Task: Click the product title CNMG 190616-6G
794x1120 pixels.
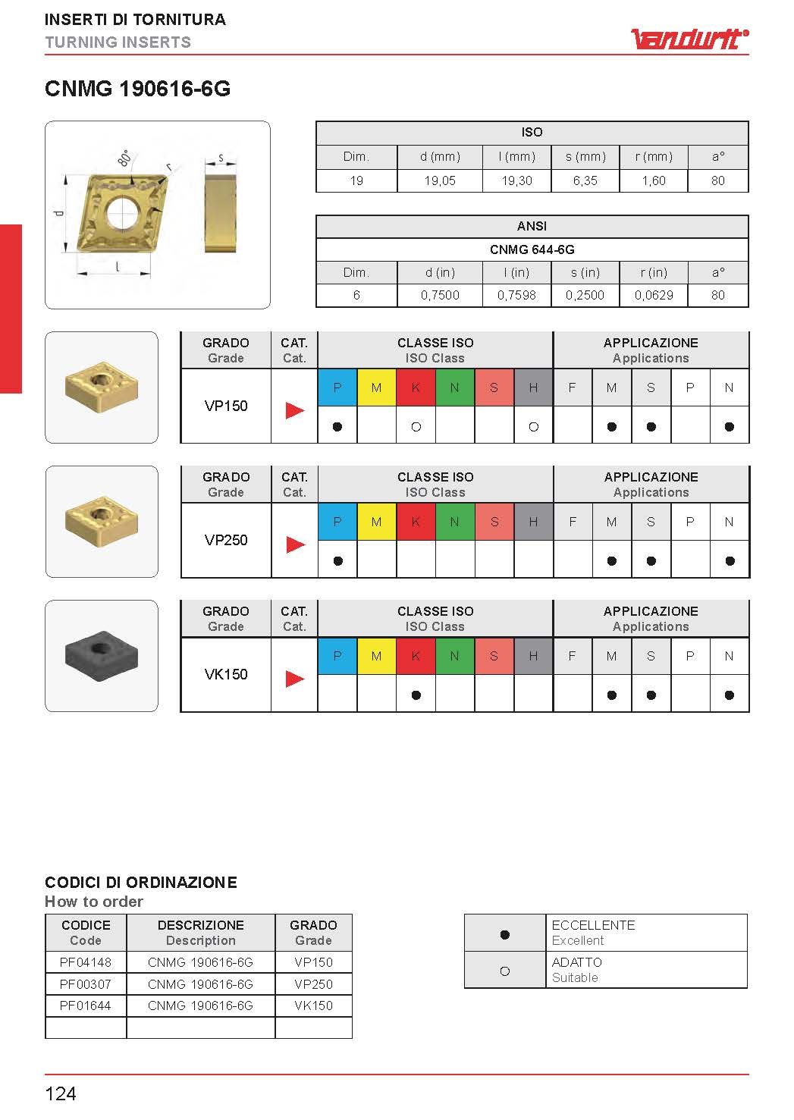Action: pyautogui.click(x=137, y=89)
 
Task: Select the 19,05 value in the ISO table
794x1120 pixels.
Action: pyautogui.click(x=440, y=180)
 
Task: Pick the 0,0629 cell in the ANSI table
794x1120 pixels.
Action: pyautogui.click(x=654, y=295)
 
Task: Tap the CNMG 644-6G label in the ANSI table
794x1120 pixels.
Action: pyautogui.click(x=532, y=249)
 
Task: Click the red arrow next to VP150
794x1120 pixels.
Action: pyautogui.click(x=295, y=410)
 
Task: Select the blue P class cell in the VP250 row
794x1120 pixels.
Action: pyautogui.click(x=337, y=522)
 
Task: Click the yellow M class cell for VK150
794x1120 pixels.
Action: pyautogui.click(x=376, y=656)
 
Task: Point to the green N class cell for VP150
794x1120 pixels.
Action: pyautogui.click(x=455, y=387)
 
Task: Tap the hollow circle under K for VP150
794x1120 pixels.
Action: pyautogui.click(x=416, y=427)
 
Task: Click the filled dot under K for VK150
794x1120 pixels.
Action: pyautogui.click(x=416, y=695)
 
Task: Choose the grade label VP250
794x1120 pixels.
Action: pyautogui.click(x=226, y=540)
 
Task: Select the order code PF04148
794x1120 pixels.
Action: pyautogui.click(x=86, y=962)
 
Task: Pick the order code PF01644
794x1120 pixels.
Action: pyautogui.click(x=86, y=1005)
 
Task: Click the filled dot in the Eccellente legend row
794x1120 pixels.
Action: pyautogui.click(x=505, y=934)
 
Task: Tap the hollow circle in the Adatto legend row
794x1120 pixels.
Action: pyautogui.click(x=505, y=971)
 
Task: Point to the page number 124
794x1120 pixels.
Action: pyautogui.click(x=61, y=1093)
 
